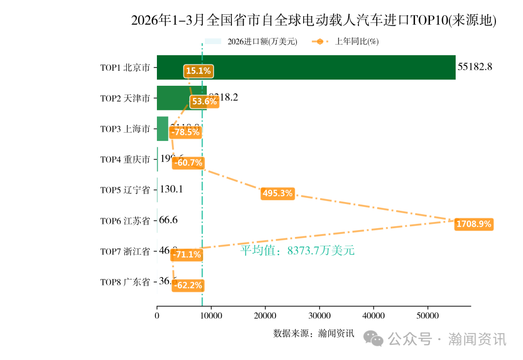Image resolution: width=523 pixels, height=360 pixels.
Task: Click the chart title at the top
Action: [x=314, y=20]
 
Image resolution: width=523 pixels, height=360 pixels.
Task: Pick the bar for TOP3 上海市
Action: [x=162, y=128]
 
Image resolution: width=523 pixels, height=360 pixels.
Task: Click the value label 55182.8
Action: [x=475, y=67]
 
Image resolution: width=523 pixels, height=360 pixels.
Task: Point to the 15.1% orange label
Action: [x=198, y=71]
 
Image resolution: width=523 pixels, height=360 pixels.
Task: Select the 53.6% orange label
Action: [x=204, y=102]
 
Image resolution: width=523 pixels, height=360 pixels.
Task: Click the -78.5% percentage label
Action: [x=185, y=132]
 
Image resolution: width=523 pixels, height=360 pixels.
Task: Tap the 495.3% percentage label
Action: [x=277, y=193]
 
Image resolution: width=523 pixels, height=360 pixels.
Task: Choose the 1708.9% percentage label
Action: [x=474, y=224]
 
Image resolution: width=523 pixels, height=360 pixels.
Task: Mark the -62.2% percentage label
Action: [x=187, y=285]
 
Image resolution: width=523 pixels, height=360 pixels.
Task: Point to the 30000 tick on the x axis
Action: [x=319, y=316]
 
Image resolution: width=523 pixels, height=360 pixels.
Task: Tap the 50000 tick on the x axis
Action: [x=428, y=316]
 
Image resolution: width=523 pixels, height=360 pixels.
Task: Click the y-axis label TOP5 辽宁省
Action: [x=125, y=190]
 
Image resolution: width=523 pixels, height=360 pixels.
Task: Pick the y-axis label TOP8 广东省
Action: [x=125, y=282]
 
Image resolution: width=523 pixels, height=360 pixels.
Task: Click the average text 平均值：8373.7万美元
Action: [x=297, y=250]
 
